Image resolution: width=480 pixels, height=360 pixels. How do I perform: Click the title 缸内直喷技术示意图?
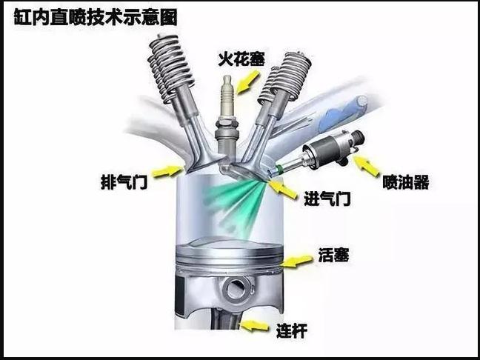[96, 18]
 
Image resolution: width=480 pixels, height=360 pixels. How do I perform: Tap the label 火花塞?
[241, 59]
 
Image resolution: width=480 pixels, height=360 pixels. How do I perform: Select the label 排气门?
[124, 182]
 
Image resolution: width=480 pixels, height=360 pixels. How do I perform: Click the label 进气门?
[327, 199]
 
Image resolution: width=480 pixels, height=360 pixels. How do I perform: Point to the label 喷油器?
[406, 182]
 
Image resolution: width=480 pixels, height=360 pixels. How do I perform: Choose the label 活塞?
[333, 255]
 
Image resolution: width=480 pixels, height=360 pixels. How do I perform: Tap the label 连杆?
[292, 330]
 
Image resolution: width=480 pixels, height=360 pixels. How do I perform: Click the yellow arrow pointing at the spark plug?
[247, 82]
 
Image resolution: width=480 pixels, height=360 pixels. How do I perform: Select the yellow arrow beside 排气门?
[167, 171]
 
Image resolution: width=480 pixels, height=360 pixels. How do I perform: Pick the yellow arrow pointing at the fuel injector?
[366, 166]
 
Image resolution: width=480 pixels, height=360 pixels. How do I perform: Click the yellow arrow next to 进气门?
[283, 189]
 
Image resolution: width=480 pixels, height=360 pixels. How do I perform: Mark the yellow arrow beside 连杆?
[255, 325]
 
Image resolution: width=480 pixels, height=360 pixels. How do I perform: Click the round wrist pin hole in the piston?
[236, 290]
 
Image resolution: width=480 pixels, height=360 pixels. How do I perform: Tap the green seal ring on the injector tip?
[279, 169]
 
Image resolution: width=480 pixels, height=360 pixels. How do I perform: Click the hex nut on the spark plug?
[227, 124]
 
